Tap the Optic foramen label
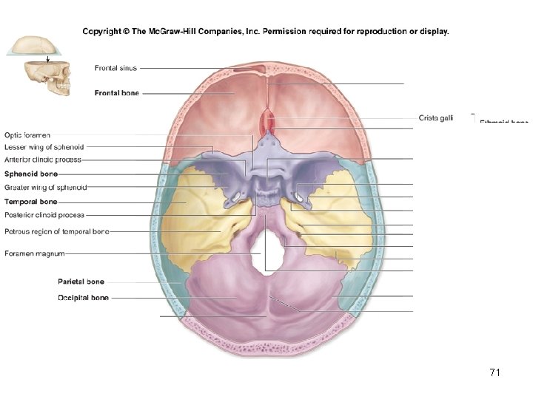coord(27,135)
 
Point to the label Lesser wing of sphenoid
coord(44,147)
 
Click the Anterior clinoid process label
coord(42,159)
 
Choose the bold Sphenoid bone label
coord(30,174)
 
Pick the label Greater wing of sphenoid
coord(45,187)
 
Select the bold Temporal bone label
coord(30,201)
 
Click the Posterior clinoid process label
coord(44,215)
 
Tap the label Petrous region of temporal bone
coord(56,231)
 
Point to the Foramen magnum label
coord(34,253)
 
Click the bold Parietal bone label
coord(81,282)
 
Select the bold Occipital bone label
coord(83,298)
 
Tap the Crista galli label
coord(436,118)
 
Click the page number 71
coord(495,372)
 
